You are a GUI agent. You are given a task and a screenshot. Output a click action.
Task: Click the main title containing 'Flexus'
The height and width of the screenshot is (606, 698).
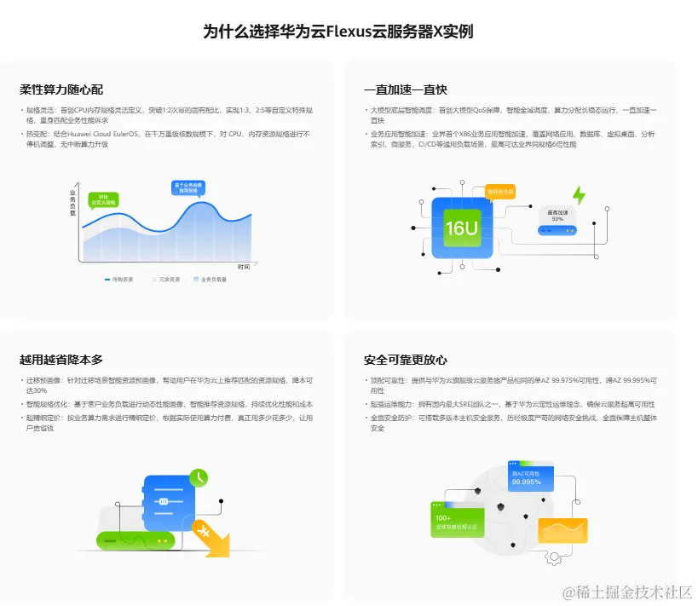(338, 32)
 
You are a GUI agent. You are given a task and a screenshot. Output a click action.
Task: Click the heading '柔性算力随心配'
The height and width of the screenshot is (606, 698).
(61, 89)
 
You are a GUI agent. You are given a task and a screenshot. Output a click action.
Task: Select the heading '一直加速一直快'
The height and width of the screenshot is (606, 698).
(405, 89)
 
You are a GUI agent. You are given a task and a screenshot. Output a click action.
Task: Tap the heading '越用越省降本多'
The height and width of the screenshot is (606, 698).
(61, 360)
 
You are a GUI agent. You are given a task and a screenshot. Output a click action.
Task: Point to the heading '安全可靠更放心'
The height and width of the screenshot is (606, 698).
(405, 360)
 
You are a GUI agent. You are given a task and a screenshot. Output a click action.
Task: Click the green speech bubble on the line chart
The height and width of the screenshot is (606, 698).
(104, 199)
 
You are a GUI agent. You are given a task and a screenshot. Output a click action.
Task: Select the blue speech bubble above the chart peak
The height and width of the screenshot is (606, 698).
(187, 188)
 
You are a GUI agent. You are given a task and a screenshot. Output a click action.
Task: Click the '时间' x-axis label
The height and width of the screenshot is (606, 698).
(244, 267)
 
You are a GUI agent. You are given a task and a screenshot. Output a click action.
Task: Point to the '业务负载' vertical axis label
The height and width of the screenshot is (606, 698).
(73, 202)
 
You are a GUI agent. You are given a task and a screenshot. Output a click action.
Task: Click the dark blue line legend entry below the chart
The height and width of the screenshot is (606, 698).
(118, 279)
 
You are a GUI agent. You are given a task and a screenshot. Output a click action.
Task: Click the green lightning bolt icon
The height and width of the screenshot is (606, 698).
(579, 195)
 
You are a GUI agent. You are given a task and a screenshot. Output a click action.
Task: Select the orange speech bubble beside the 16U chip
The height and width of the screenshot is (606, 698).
(500, 192)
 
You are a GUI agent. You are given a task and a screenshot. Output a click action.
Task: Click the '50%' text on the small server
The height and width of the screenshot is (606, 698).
(557, 219)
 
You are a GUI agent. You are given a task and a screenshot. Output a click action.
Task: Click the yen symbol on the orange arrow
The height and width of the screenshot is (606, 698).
(205, 533)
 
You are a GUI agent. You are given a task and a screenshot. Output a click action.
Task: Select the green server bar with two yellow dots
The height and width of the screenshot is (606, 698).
(136, 540)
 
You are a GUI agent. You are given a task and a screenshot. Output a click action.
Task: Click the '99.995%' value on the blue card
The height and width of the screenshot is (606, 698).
(527, 482)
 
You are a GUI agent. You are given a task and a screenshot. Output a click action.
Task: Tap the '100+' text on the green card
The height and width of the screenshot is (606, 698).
(444, 517)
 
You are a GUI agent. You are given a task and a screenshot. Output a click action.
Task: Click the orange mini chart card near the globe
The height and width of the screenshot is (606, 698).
(562, 531)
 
